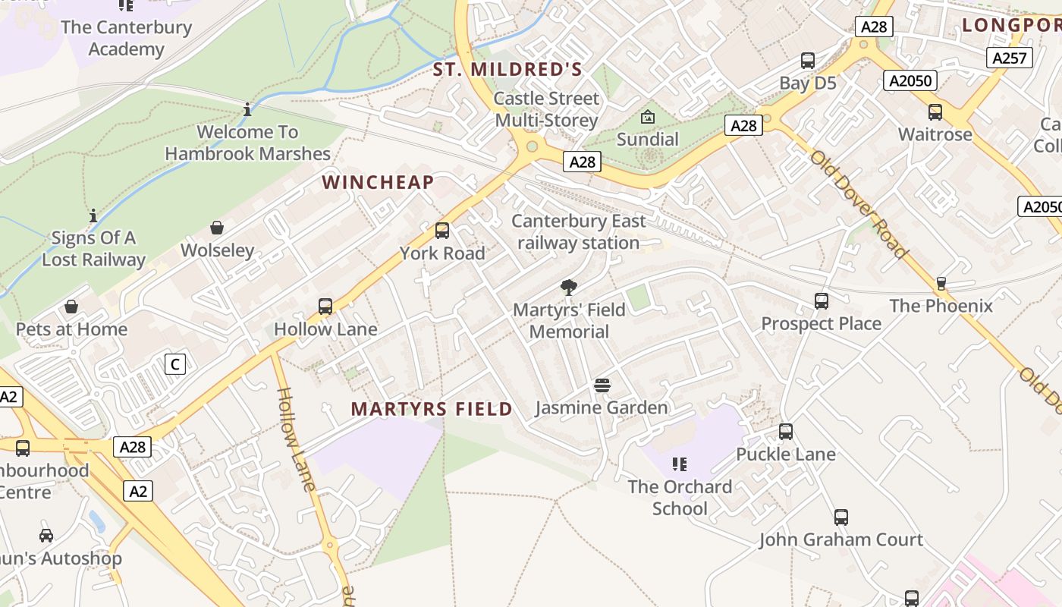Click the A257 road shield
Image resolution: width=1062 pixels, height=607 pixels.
(x=1010, y=58)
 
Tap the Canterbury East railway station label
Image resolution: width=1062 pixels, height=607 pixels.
(x=579, y=232)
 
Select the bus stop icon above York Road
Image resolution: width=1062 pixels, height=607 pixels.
(x=442, y=231)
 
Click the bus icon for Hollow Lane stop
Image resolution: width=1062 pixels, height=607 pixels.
(x=325, y=307)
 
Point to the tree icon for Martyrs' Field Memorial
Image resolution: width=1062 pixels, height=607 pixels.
(x=568, y=287)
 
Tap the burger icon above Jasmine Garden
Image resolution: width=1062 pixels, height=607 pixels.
(x=602, y=385)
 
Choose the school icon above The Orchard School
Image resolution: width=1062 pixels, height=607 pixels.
(x=680, y=464)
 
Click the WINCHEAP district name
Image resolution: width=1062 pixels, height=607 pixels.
(x=378, y=182)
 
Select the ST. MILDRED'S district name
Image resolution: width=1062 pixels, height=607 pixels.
(x=507, y=70)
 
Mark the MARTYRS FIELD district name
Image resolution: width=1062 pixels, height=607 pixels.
(x=432, y=409)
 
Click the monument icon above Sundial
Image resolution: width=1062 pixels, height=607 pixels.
(x=647, y=117)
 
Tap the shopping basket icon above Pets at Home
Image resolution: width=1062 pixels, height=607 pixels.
(x=71, y=307)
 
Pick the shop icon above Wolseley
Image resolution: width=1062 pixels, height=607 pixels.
(x=217, y=228)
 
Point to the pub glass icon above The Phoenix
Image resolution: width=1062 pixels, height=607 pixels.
(x=941, y=283)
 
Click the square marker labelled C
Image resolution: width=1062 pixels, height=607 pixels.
(x=175, y=364)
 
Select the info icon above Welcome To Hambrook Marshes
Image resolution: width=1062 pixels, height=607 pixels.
(x=247, y=110)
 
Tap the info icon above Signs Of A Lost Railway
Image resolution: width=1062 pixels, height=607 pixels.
(x=93, y=216)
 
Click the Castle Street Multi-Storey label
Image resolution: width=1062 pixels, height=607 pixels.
(x=546, y=109)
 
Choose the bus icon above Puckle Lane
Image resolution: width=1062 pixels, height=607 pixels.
(x=786, y=432)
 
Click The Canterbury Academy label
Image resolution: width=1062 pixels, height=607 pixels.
(x=126, y=38)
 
